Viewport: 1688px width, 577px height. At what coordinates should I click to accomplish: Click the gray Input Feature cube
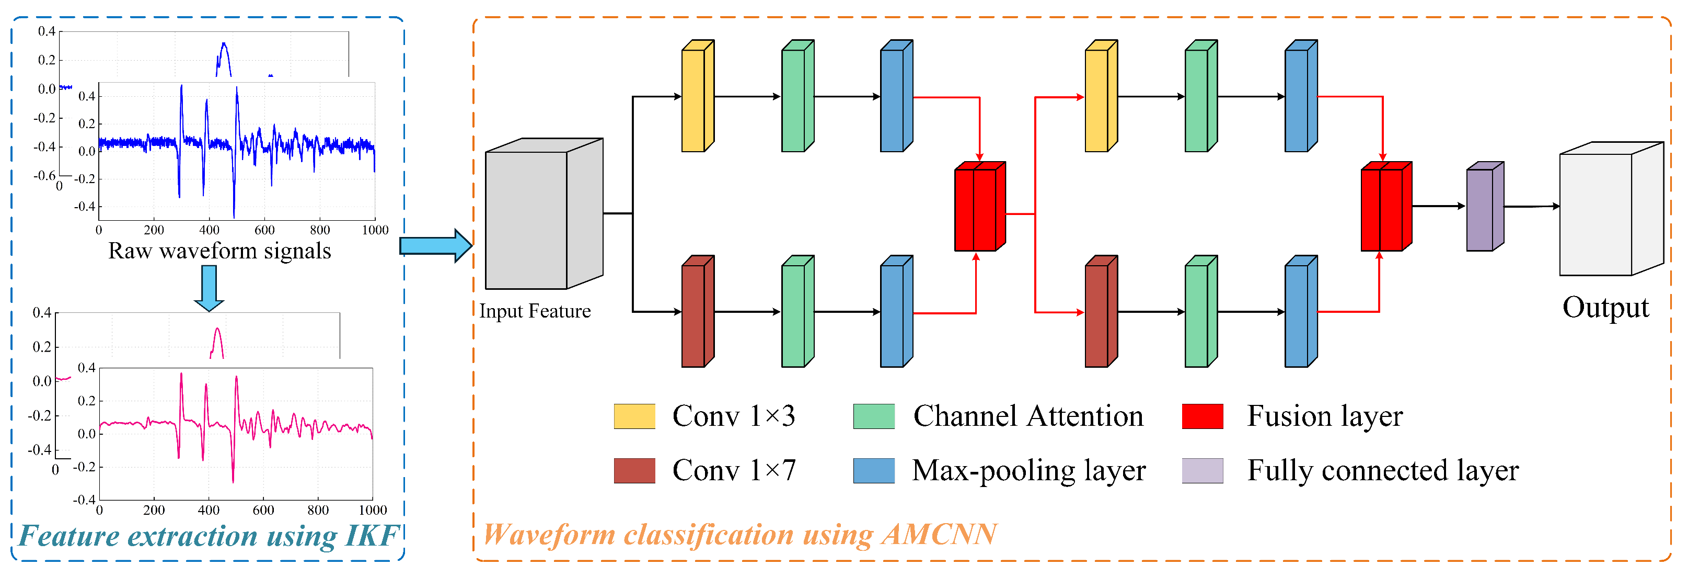tap(544, 214)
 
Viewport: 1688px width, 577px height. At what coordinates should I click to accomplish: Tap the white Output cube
tap(1611, 209)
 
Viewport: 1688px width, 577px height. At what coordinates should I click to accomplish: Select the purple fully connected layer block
tap(1485, 207)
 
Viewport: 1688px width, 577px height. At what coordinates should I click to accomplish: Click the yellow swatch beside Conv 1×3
tap(634, 416)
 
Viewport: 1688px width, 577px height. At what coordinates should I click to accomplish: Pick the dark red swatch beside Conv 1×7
tap(634, 471)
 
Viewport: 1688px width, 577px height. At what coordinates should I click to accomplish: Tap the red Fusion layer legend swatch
tap(1203, 416)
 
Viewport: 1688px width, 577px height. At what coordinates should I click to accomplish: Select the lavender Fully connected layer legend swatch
tap(1203, 471)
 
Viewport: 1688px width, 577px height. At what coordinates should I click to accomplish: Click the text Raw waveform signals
tap(219, 251)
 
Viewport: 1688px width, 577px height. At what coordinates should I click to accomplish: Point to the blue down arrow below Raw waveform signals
tap(209, 288)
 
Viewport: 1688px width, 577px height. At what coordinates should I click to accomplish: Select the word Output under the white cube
tap(1605, 308)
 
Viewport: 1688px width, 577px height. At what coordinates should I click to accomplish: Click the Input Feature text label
tap(535, 311)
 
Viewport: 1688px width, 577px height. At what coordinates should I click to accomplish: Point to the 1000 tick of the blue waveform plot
tap(375, 230)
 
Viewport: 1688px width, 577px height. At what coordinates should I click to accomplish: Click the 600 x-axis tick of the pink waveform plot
tap(263, 510)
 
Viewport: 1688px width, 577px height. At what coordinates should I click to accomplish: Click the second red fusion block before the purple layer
tap(1386, 207)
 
